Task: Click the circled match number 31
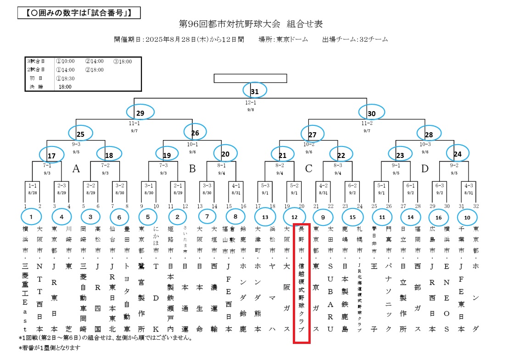[x=255, y=91]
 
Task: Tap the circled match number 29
[x=140, y=112]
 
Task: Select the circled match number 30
[x=372, y=112]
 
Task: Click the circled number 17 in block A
[x=51, y=156]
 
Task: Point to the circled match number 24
[x=458, y=153]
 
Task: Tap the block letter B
[x=193, y=169]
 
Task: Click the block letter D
[x=425, y=169]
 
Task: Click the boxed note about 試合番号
[x=79, y=12]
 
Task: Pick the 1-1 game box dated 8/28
[x=32, y=189]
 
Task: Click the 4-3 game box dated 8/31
[x=469, y=189]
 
